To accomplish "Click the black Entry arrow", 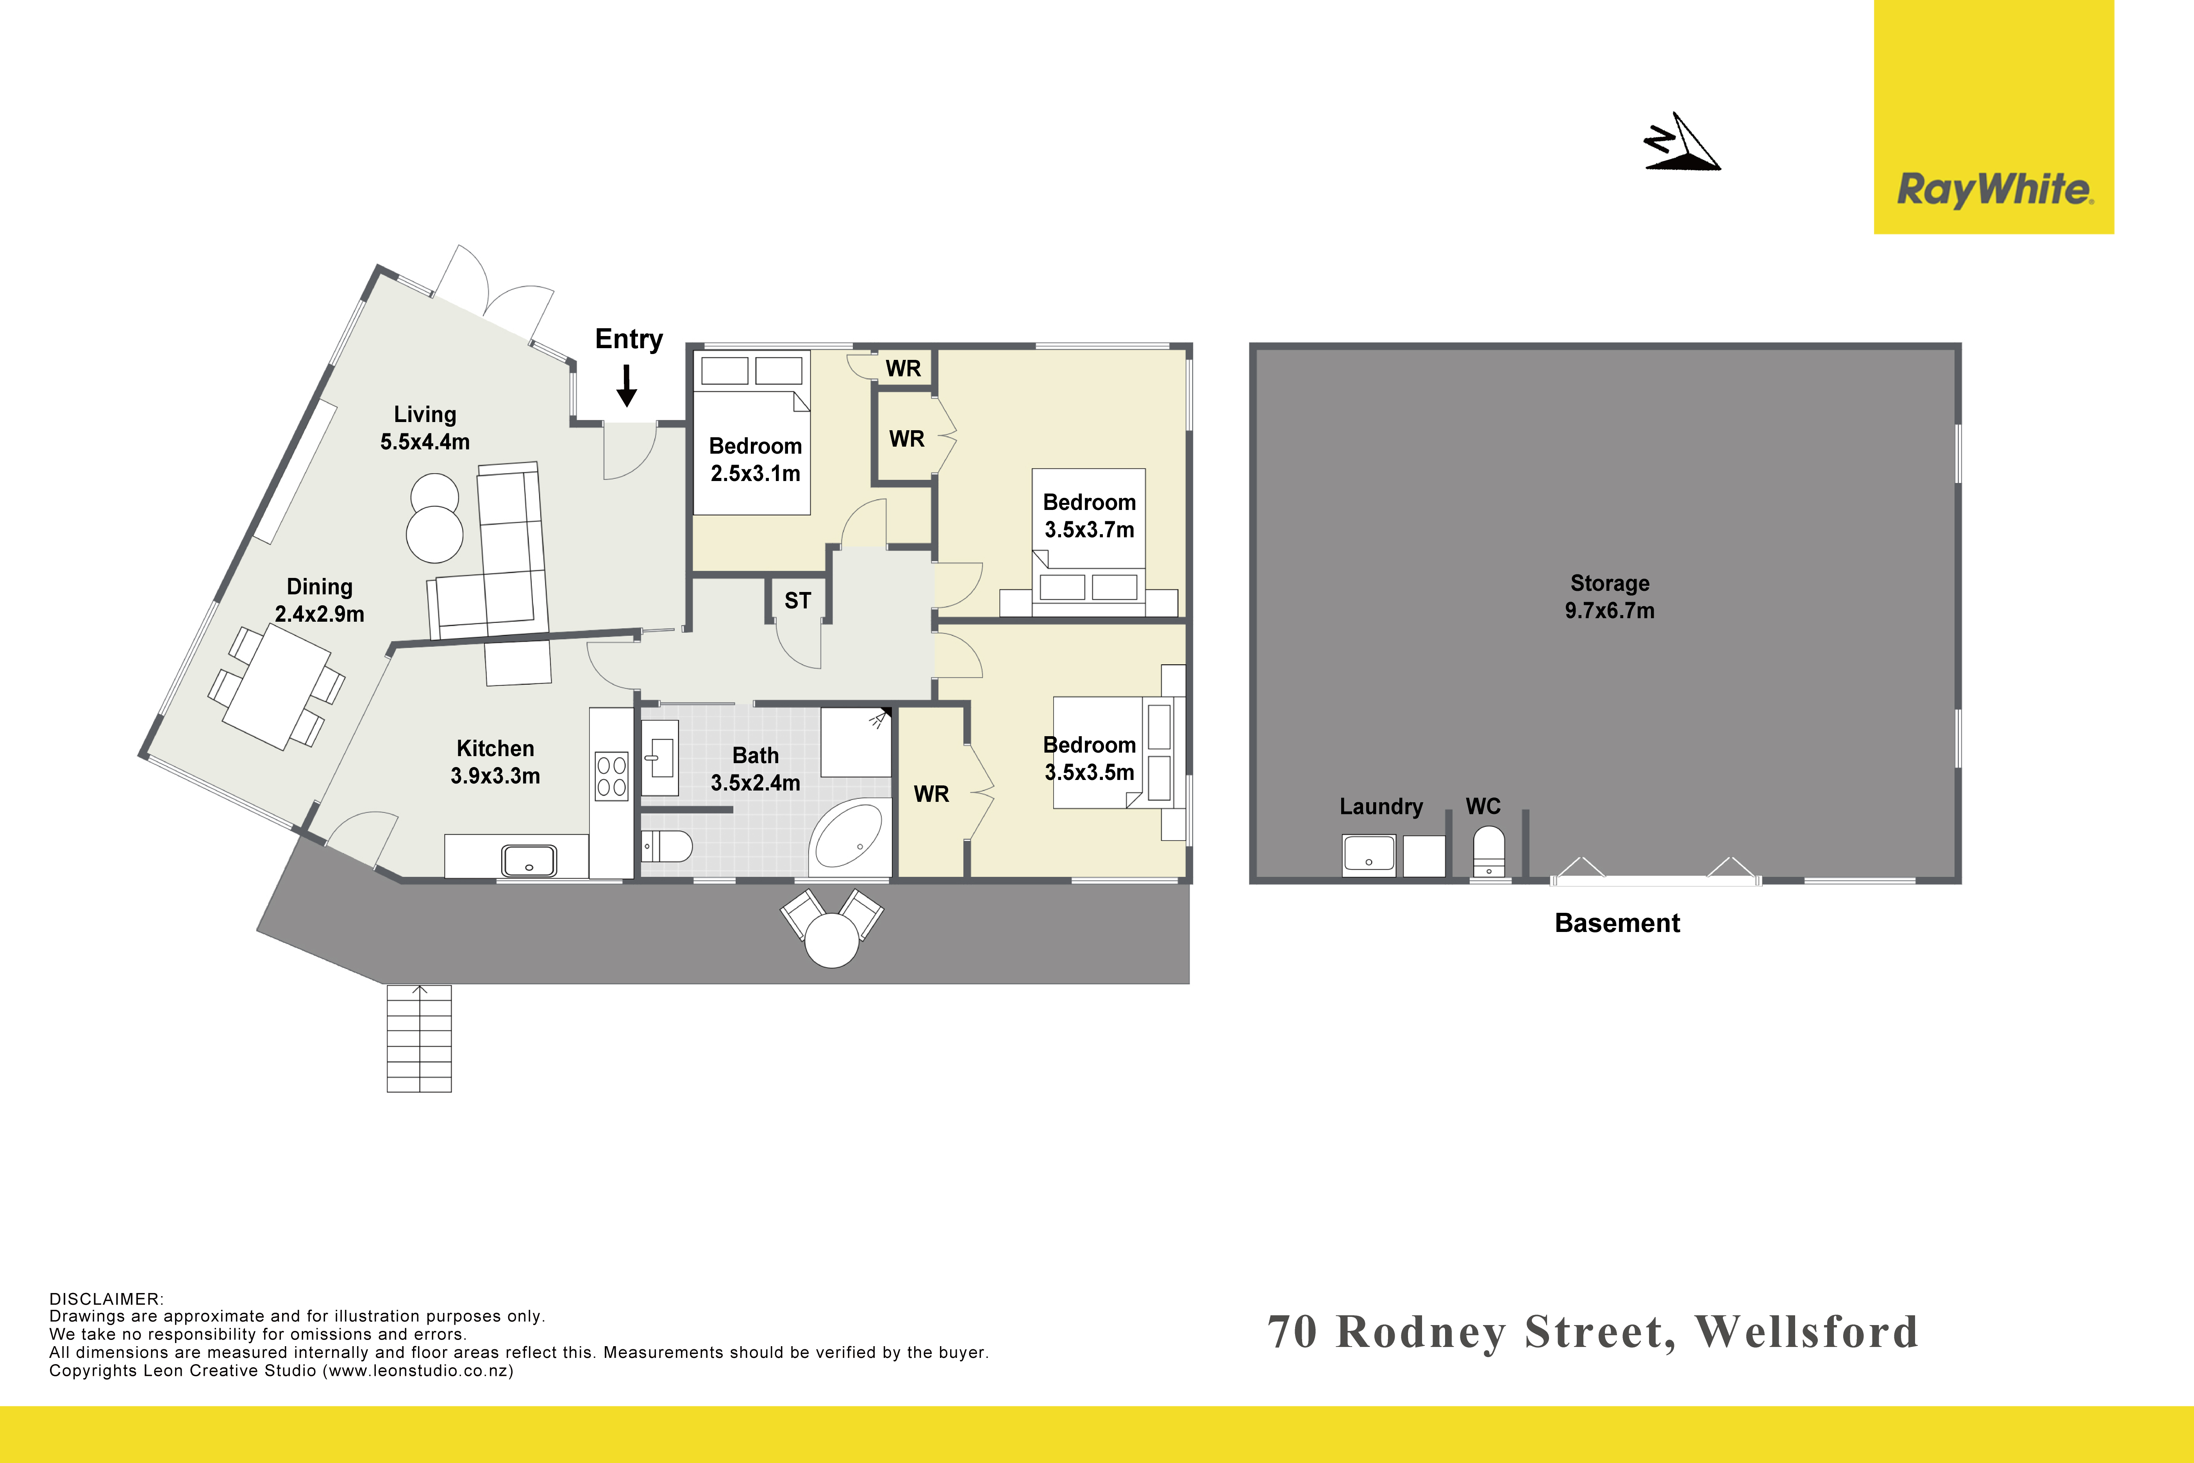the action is pos(627,385).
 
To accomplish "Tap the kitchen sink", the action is pos(529,860).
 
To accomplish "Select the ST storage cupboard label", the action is pos(798,601).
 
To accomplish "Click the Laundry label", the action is pos(1381,807).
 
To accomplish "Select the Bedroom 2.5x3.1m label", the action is pos(756,460).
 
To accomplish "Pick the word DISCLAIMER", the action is pos(105,1299).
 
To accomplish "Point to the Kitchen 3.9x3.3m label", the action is pos(495,762).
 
